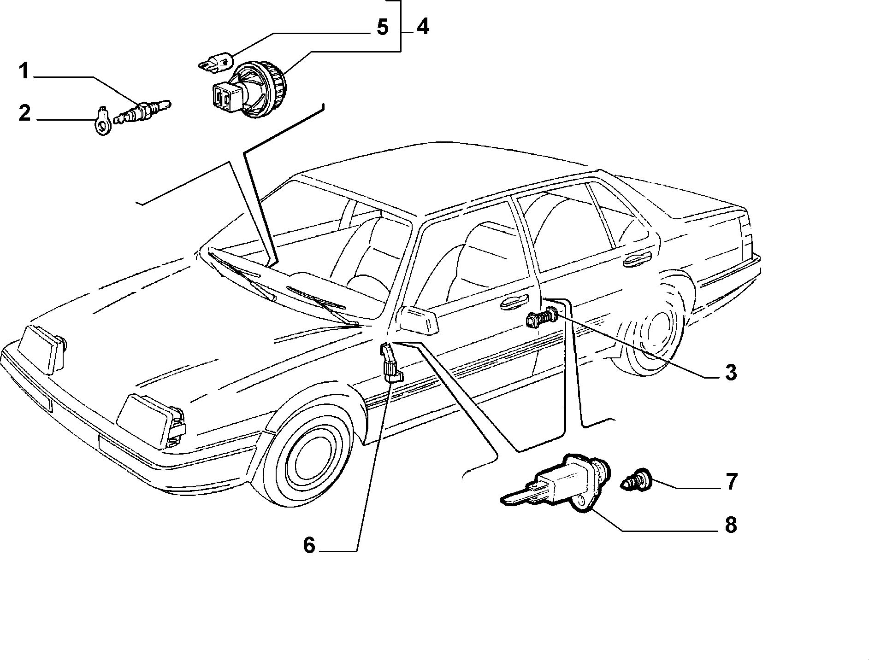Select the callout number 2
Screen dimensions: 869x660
(x=24, y=112)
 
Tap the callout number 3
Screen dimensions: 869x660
(x=731, y=372)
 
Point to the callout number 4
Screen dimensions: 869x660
(x=423, y=27)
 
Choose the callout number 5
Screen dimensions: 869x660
(x=382, y=27)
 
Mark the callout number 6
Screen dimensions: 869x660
(x=309, y=545)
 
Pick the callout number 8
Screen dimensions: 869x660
(x=731, y=525)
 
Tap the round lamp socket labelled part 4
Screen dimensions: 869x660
(x=249, y=90)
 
